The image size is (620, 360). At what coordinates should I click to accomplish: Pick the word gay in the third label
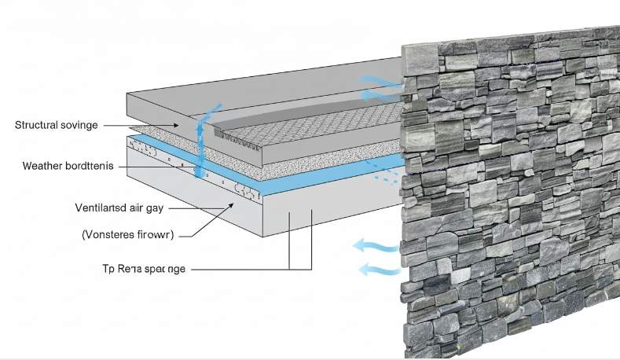[x=156, y=208]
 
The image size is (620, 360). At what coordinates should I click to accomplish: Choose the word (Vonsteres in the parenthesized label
[x=112, y=233]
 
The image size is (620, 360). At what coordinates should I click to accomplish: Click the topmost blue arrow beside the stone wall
[x=379, y=79]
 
